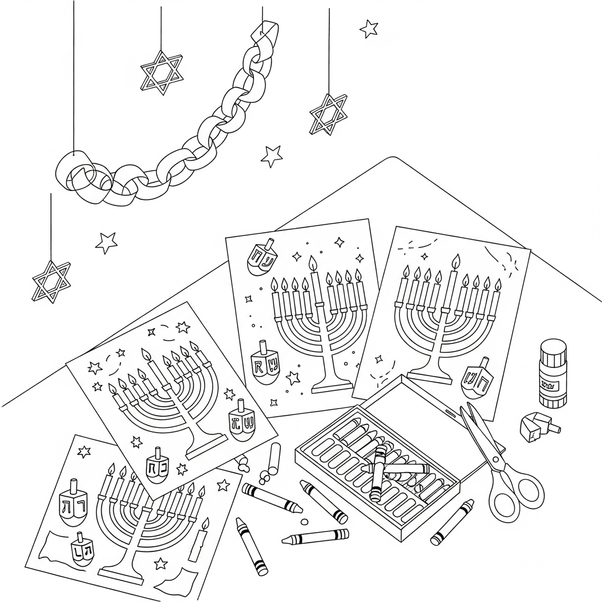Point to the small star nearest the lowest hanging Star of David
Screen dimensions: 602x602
(106, 242)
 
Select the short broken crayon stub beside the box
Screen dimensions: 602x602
(274, 456)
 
